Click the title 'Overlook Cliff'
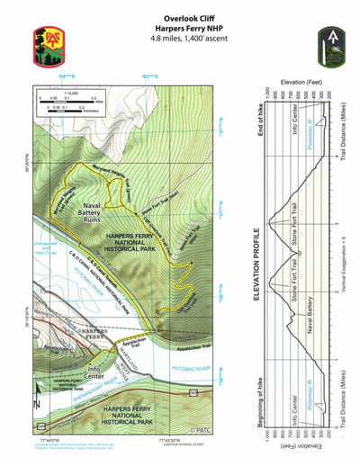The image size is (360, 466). tap(188, 17)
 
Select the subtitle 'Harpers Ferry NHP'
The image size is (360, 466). tap(188, 28)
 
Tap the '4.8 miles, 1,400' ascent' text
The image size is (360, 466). tap(188, 40)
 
